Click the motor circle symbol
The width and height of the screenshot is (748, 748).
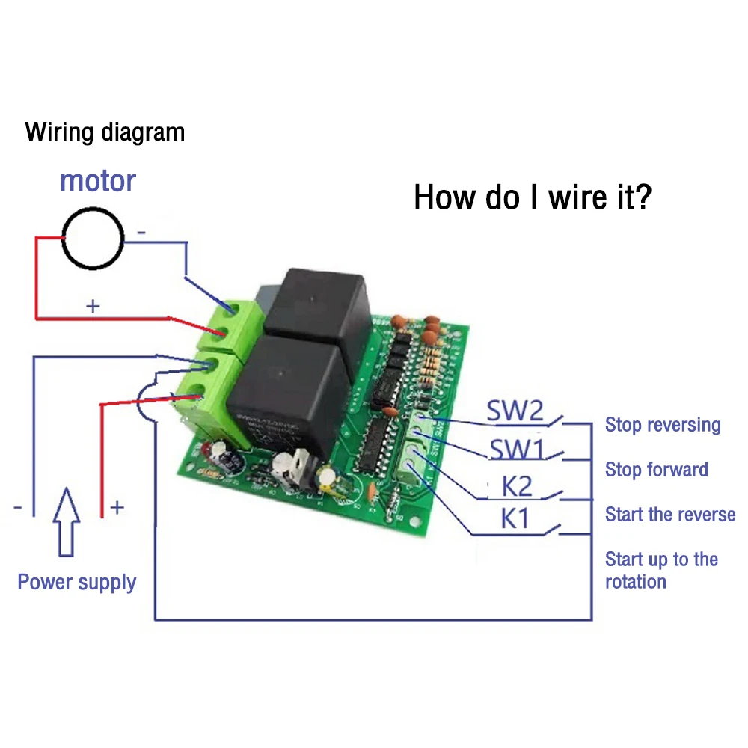(x=93, y=238)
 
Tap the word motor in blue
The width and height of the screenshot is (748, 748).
(x=97, y=180)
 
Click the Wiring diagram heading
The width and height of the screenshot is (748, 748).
(x=105, y=132)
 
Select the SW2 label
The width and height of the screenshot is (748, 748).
(x=515, y=411)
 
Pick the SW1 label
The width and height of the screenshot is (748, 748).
(x=516, y=450)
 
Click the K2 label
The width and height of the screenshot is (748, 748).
(x=517, y=487)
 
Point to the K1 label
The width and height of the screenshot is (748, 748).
(x=515, y=518)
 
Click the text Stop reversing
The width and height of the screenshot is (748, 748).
(x=663, y=425)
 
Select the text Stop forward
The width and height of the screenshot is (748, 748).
(x=656, y=470)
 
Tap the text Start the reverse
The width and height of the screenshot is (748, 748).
(x=670, y=515)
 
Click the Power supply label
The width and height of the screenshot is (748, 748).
(x=77, y=582)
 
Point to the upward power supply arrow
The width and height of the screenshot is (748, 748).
(x=67, y=521)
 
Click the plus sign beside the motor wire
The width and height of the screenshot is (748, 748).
(x=93, y=306)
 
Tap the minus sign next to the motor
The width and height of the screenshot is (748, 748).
(x=141, y=233)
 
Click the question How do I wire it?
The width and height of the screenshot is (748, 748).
(x=532, y=197)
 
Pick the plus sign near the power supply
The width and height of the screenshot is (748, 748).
(x=117, y=508)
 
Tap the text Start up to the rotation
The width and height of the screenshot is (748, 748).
(x=661, y=570)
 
